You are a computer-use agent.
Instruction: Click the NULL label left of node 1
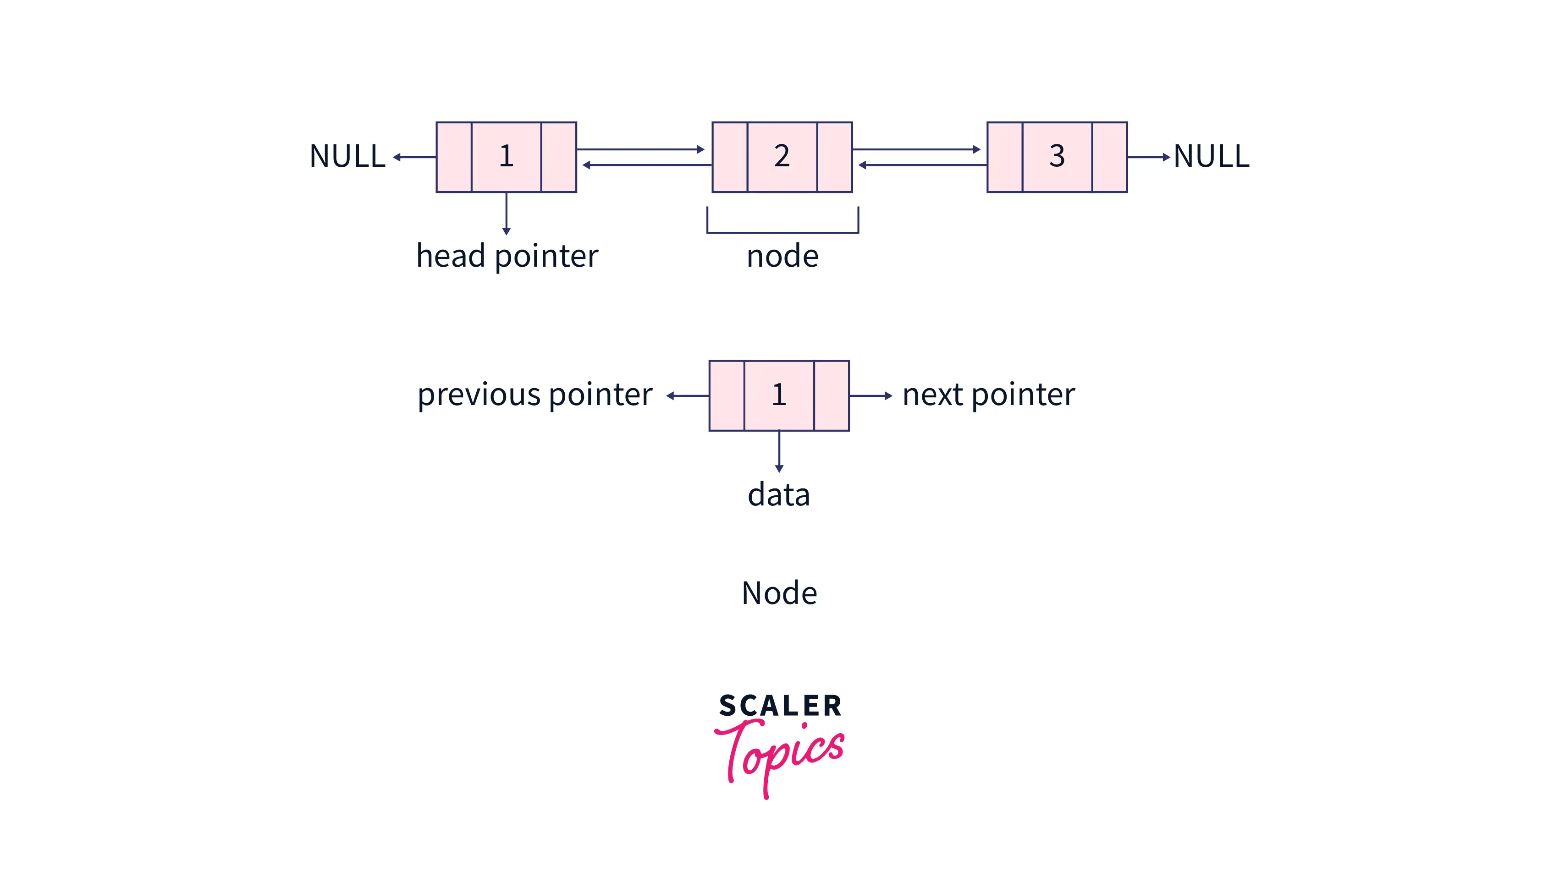pos(347,156)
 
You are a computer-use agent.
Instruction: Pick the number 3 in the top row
pos(1057,156)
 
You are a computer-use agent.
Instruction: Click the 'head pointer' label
pos(507,256)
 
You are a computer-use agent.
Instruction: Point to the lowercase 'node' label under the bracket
pos(782,256)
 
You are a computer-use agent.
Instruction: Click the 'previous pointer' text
pos(534,395)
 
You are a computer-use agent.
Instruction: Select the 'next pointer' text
pos(988,395)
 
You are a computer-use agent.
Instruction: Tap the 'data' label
pos(778,494)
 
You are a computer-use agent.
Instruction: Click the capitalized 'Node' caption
pos(779,592)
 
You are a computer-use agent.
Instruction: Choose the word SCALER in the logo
pos(780,705)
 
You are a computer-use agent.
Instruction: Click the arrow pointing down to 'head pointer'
pos(506,214)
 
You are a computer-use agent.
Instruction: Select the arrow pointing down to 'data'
pos(779,451)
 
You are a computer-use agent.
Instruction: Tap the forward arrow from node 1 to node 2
pos(640,149)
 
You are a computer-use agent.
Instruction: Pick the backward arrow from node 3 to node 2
pos(922,165)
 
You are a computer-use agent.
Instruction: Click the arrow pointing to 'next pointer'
pos(870,396)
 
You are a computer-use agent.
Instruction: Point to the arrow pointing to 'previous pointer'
pos(688,396)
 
